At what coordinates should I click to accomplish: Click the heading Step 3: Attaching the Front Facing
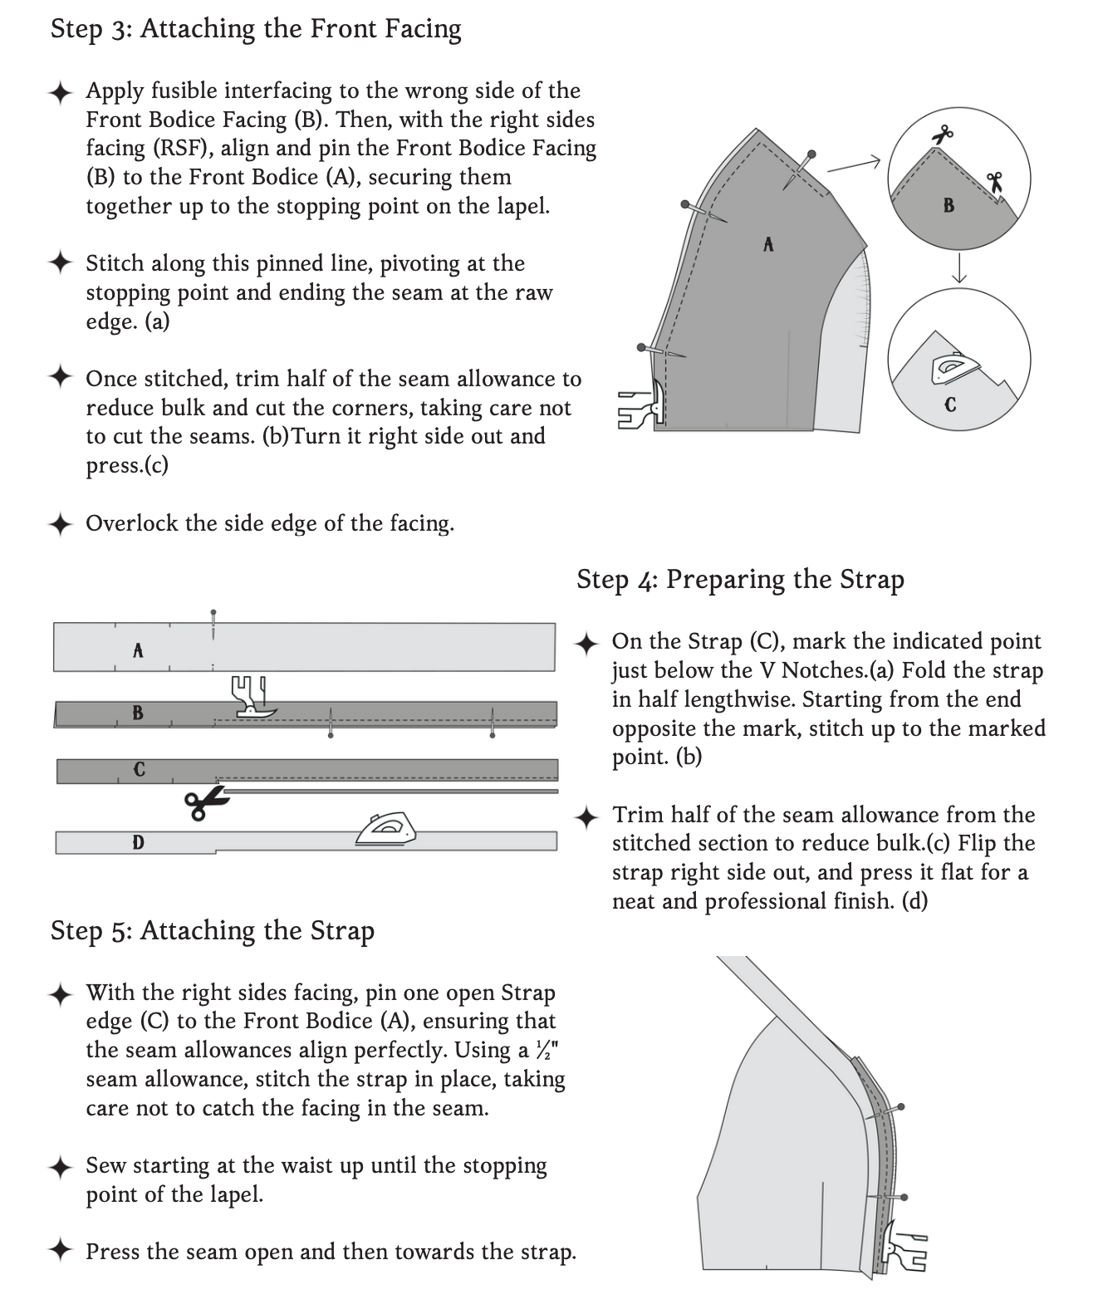pyautogui.click(x=256, y=29)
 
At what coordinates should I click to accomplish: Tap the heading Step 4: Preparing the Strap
pyautogui.click(x=740, y=580)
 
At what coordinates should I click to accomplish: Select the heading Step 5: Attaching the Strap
pyautogui.click(x=213, y=930)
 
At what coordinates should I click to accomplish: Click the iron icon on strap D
pyautogui.click(x=385, y=829)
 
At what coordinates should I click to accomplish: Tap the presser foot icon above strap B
pyautogui.click(x=251, y=697)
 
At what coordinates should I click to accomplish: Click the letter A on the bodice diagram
pyautogui.click(x=768, y=244)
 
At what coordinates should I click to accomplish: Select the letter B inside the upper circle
pyautogui.click(x=948, y=205)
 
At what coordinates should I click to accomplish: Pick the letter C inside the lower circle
pyautogui.click(x=950, y=405)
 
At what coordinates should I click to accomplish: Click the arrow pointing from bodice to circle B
pyautogui.click(x=853, y=165)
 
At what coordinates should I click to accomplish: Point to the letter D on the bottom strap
pyautogui.click(x=138, y=843)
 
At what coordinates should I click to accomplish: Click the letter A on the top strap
pyautogui.click(x=138, y=650)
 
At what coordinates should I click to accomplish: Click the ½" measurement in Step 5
pyautogui.click(x=546, y=1051)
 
